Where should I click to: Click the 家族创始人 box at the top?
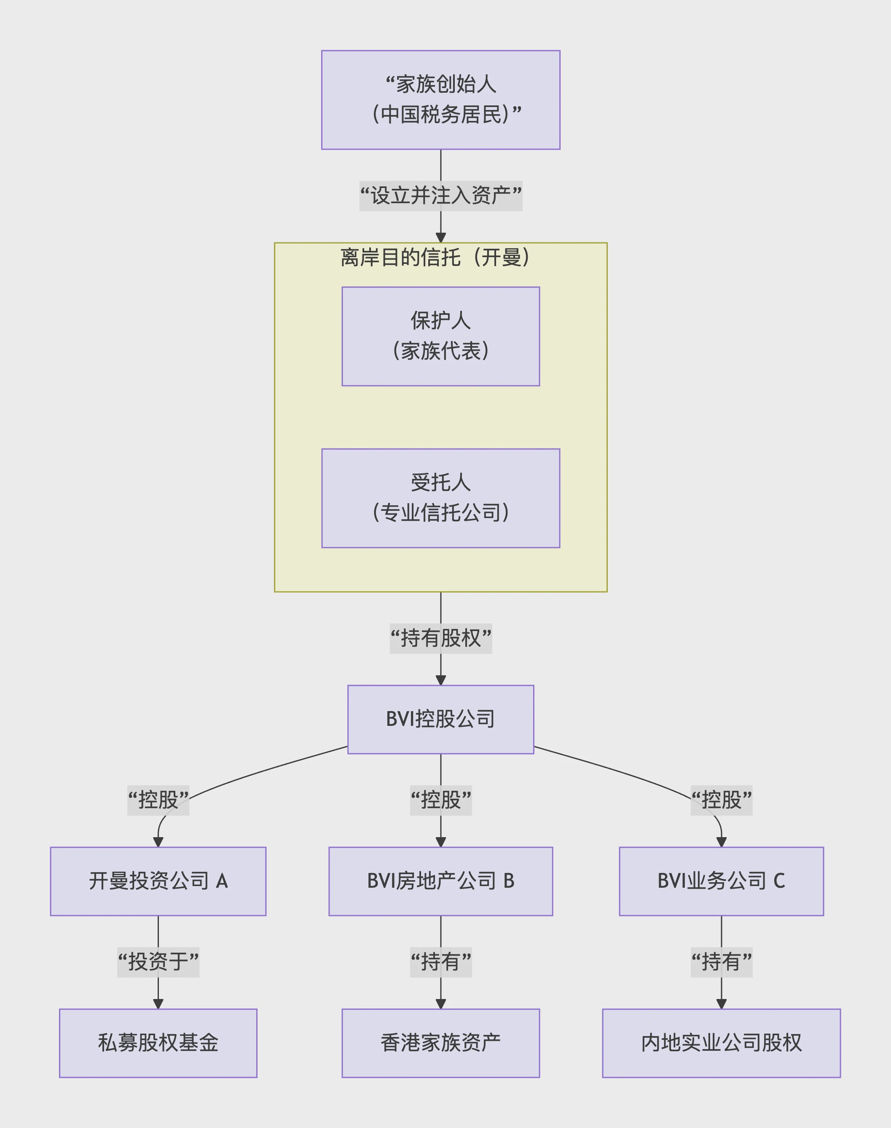[440, 99]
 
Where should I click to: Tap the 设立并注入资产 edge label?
[440, 196]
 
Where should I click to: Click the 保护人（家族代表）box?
[440, 336]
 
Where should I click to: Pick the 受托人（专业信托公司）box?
[440, 498]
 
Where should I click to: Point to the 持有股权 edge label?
[440, 638]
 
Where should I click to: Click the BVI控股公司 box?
[440, 719]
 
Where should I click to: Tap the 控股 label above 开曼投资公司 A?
[158, 800]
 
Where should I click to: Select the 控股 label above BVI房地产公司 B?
[440, 800]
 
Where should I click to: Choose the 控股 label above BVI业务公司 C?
[721, 800]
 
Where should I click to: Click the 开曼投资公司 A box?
[158, 881]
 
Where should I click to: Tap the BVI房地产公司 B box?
[440, 881]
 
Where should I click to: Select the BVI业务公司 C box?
[721, 881]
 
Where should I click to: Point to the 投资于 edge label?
[158, 961]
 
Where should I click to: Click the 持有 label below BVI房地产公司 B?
[440, 961]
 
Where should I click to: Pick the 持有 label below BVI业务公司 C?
[721, 961]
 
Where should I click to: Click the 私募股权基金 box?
[158, 1042]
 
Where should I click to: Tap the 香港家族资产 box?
[440, 1042]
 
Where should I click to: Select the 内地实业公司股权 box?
[721, 1042]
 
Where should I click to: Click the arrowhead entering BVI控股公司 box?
[440, 680]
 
